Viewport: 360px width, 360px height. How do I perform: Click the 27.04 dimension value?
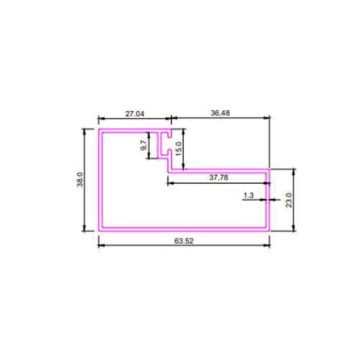(x=135, y=114)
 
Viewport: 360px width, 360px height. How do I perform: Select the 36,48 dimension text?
(x=220, y=113)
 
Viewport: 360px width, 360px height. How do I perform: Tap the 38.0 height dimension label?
(x=80, y=179)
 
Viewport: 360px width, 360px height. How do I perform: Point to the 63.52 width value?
(x=184, y=240)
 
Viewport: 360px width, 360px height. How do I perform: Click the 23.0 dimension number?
(x=289, y=200)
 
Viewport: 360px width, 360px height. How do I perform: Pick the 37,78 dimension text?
(x=218, y=178)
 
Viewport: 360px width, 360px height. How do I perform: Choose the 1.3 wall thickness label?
(x=248, y=195)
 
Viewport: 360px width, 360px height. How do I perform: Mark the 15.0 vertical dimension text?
(x=179, y=149)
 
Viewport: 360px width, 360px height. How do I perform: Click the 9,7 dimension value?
(x=143, y=145)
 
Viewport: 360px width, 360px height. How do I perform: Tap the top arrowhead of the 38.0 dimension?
(x=84, y=132)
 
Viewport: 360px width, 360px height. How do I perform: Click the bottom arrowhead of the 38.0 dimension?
(x=84, y=228)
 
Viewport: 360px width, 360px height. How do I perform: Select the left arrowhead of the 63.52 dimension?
(x=102, y=246)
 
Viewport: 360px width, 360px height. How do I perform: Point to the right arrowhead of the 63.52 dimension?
(x=266, y=246)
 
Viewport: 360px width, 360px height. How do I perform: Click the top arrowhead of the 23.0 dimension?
(x=294, y=172)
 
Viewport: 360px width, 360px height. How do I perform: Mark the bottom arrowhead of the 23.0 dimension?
(x=294, y=228)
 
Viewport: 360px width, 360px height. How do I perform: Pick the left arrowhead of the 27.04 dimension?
(x=102, y=118)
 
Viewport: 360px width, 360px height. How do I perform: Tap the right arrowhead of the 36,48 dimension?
(x=266, y=117)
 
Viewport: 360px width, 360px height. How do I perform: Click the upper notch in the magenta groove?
(x=170, y=135)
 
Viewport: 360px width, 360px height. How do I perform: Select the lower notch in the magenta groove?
(x=170, y=152)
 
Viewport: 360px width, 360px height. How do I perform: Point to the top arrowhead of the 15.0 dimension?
(x=184, y=132)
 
